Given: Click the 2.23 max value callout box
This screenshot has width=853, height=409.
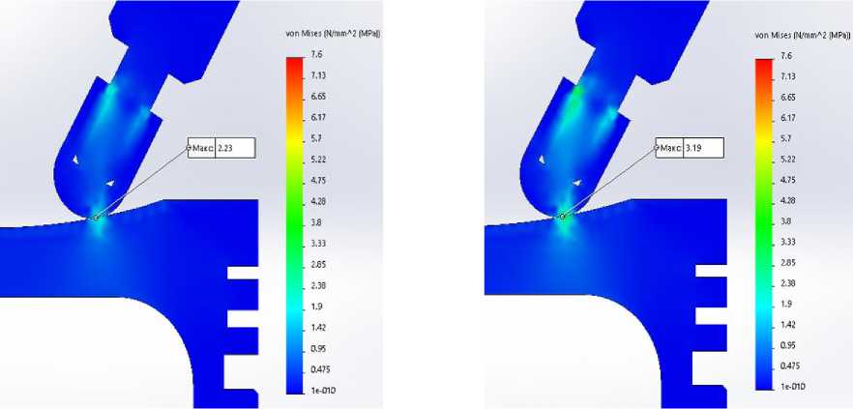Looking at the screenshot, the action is tap(221, 148).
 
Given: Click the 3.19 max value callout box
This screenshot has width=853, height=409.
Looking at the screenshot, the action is tap(690, 148).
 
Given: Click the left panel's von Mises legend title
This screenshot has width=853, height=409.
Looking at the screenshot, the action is tap(333, 34).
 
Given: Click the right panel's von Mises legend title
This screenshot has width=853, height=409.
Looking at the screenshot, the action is tap(802, 35).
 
